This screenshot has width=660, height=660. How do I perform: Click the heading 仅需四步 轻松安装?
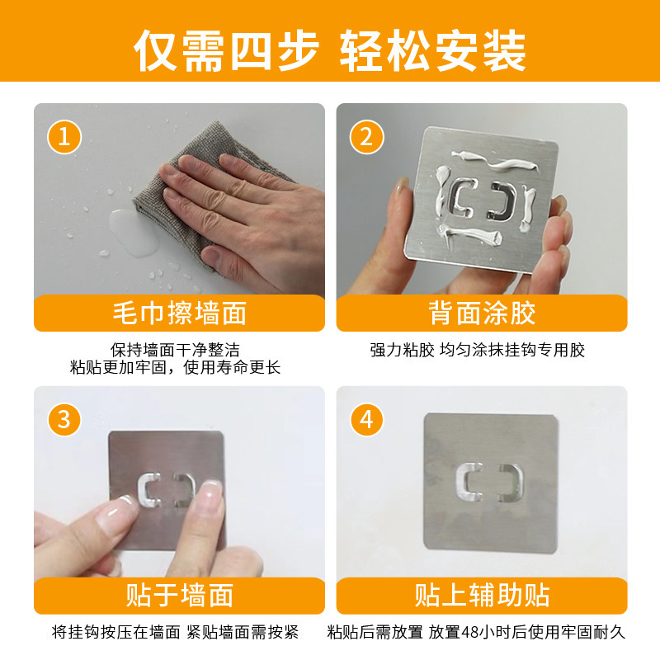(x=329, y=50)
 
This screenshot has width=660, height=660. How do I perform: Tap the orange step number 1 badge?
(x=64, y=137)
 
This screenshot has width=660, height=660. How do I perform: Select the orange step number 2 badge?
(x=366, y=137)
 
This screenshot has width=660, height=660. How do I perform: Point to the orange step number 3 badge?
(x=64, y=420)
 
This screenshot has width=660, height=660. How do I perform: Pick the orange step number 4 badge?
(x=366, y=420)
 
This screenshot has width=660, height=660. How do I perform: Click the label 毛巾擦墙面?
(x=180, y=313)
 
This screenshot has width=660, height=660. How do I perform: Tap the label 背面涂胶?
(x=482, y=313)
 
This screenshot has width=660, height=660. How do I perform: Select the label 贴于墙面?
(x=180, y=596)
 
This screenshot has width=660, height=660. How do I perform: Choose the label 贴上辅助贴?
(x=482, y=596)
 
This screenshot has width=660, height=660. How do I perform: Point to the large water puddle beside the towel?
(x=134, y=233)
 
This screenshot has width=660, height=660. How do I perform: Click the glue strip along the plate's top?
(x=495, y=162)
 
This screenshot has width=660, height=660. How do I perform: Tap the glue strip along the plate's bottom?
(x=470, y=237)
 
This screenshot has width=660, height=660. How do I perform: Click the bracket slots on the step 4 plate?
(x=490, y=483)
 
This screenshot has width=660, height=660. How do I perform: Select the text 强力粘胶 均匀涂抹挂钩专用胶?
(x=478, y=350)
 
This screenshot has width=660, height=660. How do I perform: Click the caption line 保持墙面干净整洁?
(x=175, y=350)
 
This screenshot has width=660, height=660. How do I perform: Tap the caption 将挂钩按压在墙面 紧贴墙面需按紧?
(x=175, y=632)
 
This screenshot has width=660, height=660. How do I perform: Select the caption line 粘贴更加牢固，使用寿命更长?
(x=175, y=367)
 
